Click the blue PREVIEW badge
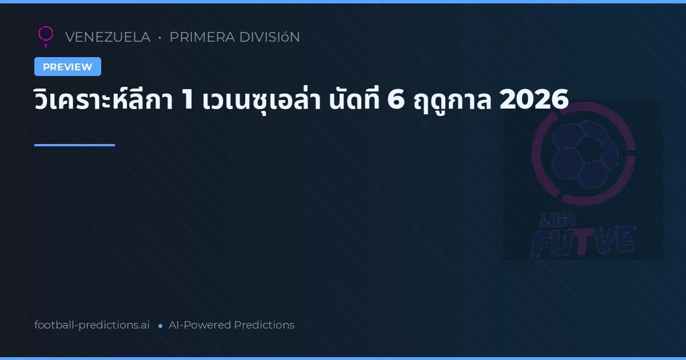(67, 67)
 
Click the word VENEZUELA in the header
(107, 37)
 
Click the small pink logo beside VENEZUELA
(46, 36)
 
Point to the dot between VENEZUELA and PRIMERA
(159, 38)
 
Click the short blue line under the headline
(74, 145)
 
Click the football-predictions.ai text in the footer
(92, 325)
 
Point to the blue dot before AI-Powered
(160, 326)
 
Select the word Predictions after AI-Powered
(264, 325)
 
